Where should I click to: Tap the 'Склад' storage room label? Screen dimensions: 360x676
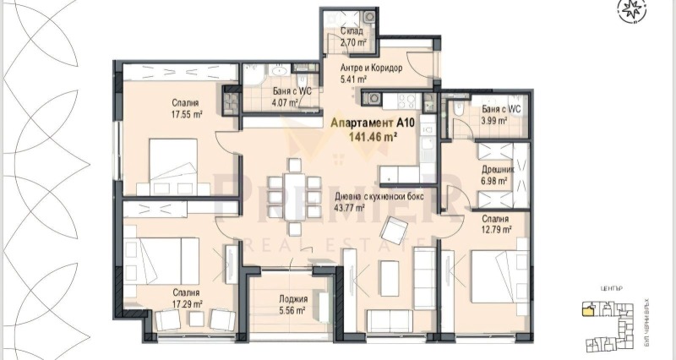click(x=352, y=30)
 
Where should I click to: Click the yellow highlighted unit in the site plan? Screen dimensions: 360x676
click(x=587, y=311)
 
